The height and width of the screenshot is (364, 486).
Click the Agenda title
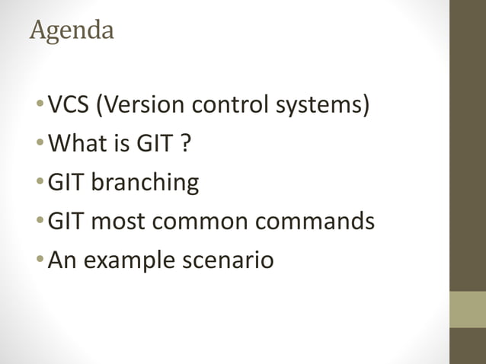tap(72, 30)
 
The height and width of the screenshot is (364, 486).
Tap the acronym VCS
tap(69, 104)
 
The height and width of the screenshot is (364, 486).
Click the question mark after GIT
tap(184, 143)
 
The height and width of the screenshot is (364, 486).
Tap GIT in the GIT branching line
tap(65, 183)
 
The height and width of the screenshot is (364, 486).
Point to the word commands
tap(316, 222)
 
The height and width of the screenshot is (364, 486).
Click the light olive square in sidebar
tap(468, 309)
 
